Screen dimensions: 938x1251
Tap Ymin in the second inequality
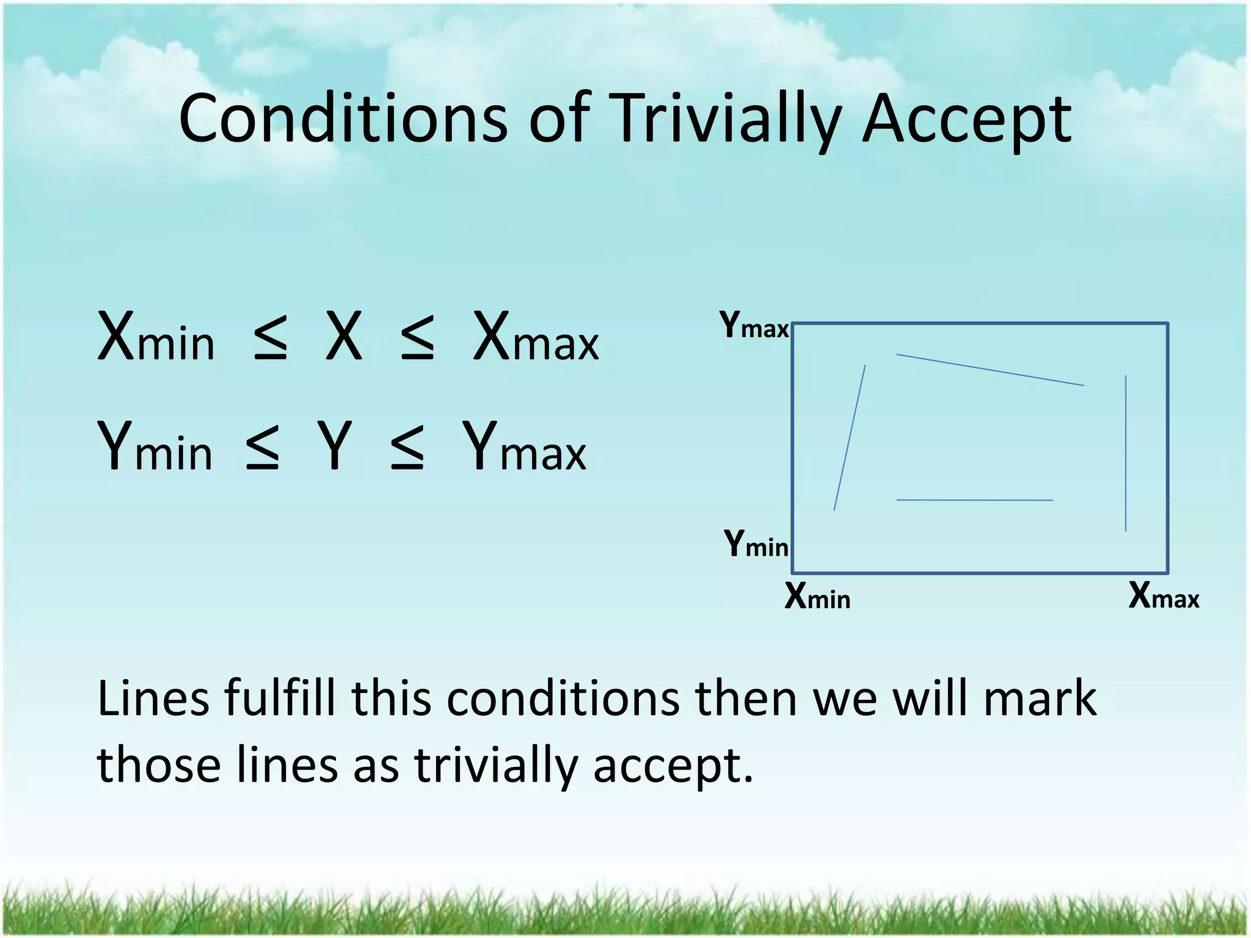click(x=155, y=448)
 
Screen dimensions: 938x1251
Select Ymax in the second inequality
click(x=524, y=448)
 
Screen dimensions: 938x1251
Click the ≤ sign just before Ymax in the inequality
click(x=407, y=448)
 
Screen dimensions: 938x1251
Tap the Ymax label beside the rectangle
click(x=754, y=325)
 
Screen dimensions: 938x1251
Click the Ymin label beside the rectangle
click(x=756, y=544)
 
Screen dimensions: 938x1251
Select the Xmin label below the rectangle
click(x=817, y=596)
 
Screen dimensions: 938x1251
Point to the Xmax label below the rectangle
click(x=1164, y=596)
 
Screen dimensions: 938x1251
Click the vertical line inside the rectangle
click(x=1126, y=453)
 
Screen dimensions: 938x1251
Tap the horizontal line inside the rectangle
click(x=974, y=500)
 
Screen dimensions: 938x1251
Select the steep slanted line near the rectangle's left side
click(x=850, y=437)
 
